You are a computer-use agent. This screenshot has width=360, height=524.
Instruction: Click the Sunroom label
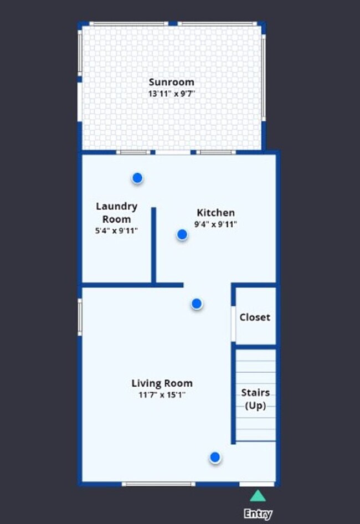point(171,82)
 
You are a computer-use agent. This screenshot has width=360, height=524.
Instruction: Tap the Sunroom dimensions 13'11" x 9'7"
point(171,94)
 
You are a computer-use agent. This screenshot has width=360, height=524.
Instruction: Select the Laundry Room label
point(116,212)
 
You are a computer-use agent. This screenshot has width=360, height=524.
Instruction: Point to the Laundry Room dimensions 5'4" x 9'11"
point(116,231)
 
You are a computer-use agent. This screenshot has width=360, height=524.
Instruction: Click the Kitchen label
point(215,212)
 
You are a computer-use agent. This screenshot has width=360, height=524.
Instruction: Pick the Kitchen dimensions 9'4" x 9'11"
point(215,224)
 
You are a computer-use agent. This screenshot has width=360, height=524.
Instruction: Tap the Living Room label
point(162,383)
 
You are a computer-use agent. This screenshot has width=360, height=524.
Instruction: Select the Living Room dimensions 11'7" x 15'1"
point(162,395)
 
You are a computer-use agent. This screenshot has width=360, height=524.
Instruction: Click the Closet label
point(255,317)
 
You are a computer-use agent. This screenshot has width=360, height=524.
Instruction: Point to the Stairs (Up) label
point(255,399)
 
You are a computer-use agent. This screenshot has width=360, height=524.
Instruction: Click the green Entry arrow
point(258,496)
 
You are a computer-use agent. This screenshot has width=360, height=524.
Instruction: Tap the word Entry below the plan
point(258,514)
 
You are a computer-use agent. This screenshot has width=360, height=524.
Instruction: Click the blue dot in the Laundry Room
point(137,178)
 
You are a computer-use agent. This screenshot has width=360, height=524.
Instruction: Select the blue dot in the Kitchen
point(182,235)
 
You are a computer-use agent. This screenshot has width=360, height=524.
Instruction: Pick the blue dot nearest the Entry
point(215,458)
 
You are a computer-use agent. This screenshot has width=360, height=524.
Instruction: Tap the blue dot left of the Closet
point(197,304)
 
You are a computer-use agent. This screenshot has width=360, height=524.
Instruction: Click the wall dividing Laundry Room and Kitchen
point(153,244)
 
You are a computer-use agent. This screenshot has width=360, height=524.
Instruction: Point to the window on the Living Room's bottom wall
point(158,484)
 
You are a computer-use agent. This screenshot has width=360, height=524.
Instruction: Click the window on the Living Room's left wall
point(80,317)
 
